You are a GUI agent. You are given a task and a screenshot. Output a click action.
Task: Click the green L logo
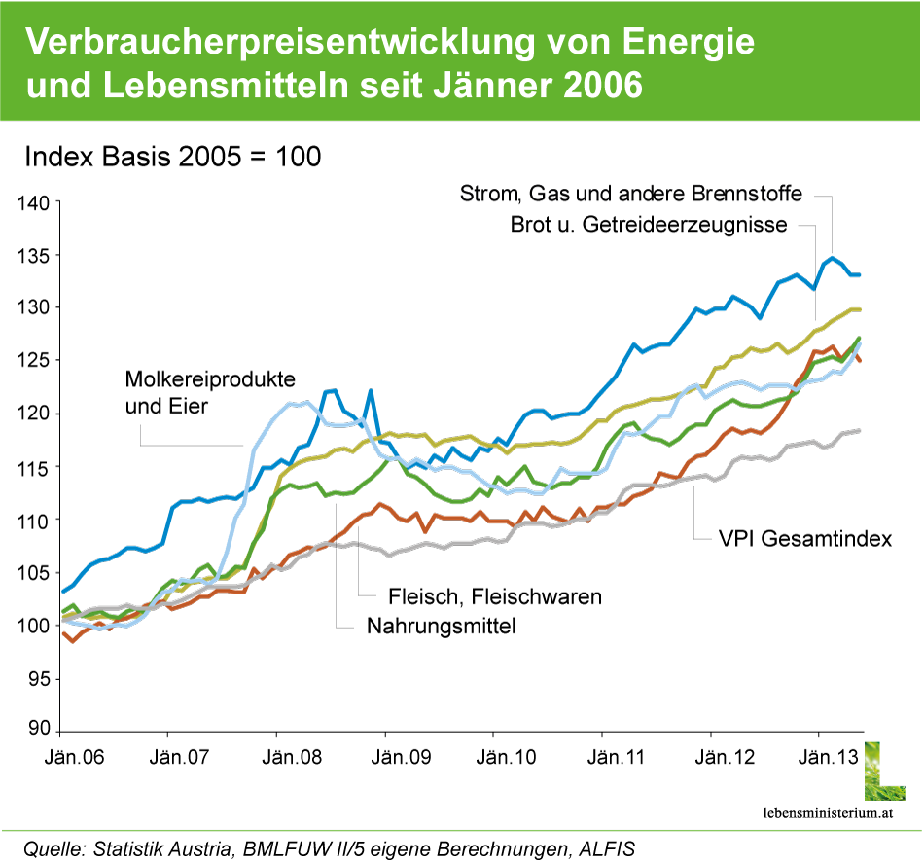[x=884, y=771]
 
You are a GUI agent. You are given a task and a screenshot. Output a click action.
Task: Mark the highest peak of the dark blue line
[x=832, y=257]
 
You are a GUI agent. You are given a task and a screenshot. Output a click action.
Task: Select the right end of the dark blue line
[x=860, y=274]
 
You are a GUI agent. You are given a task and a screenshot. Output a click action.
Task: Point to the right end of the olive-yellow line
[x=860, y=309]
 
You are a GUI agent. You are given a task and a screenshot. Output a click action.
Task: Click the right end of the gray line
[x=860, y=430]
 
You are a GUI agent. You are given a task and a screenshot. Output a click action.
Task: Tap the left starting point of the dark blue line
[x=63, y=591]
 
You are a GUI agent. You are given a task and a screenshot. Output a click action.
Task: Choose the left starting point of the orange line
[x=63, y=633]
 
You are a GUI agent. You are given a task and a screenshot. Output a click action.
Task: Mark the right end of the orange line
[x=859, y=360]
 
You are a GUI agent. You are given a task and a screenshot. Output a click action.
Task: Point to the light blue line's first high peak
[x=297, y=402]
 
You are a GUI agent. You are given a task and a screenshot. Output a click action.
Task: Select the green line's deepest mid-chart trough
[x=459, y=502]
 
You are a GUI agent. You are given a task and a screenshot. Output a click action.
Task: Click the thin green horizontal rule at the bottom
[x=462, y=831]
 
